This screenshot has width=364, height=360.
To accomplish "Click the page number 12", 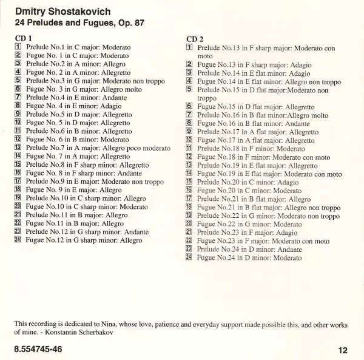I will pos(344,350).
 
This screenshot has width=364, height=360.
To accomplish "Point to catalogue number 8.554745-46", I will pos(38,349).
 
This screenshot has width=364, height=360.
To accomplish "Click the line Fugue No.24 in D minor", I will pos(249,258).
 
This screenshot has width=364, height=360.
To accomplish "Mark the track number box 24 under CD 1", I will pos(18,240).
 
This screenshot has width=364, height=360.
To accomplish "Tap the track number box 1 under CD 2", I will pos(189,47).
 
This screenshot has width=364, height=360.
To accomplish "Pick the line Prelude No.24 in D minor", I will pos(249,250).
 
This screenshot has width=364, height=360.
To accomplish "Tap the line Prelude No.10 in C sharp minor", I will pos(86,199).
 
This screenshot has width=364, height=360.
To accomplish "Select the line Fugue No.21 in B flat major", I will pos(268,207).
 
